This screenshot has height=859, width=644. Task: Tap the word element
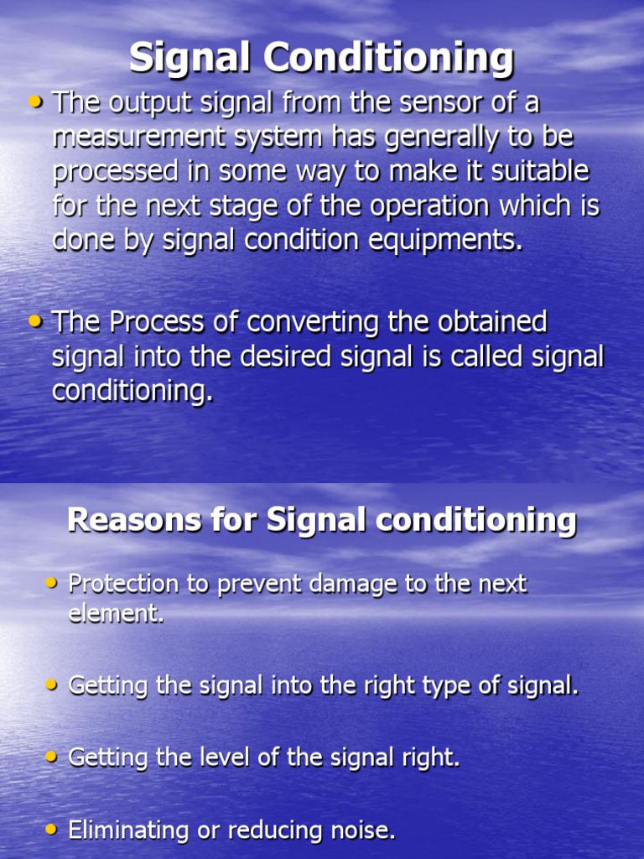pos(115,613)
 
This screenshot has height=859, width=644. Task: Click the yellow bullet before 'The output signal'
pos(35,102)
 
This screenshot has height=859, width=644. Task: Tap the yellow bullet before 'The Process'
pos(35,320)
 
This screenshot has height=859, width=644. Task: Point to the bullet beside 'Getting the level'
pos(52,757)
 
